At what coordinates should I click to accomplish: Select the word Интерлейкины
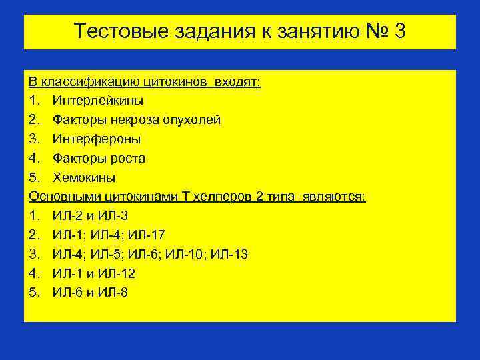[x=97, y=101]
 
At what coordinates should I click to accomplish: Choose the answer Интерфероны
[x=97, y=139]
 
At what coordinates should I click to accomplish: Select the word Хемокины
[x=84, y=178]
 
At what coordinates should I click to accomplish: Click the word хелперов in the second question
[x=221, y=197]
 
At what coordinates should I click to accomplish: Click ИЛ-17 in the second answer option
[x=150, y=235]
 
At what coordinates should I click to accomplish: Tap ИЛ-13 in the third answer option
[x=233, y=255]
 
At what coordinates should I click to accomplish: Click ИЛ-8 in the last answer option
[x=113, y=293]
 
